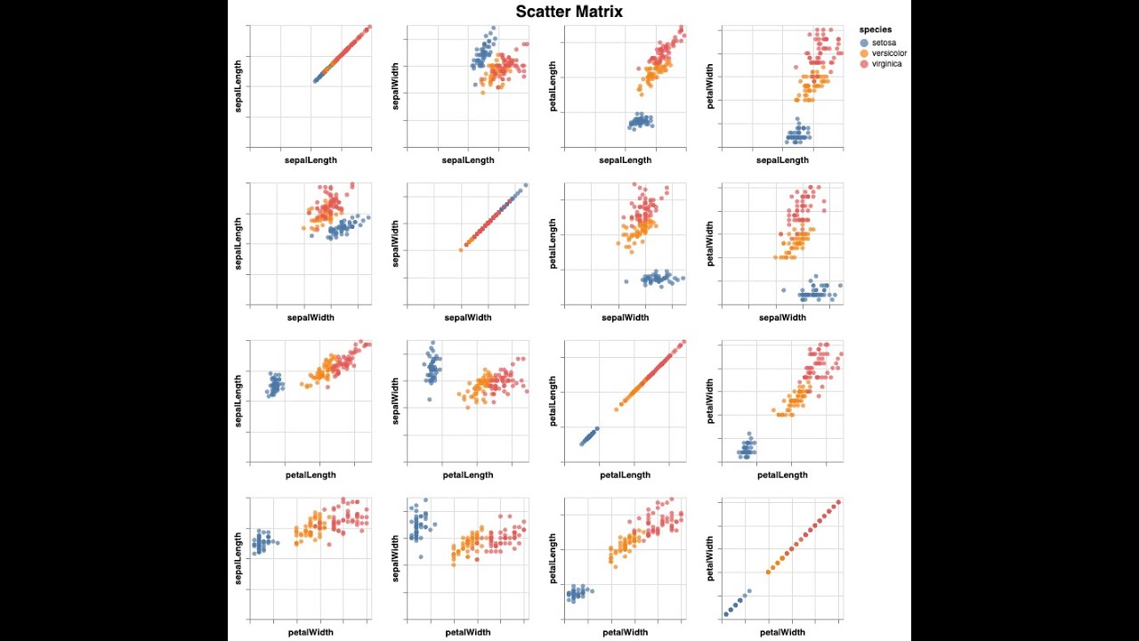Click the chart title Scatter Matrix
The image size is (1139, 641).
pyautogui.click(x=569, y=12)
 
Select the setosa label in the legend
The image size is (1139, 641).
pyautogui.click(x=884, y=42)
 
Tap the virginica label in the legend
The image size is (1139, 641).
pyautogui.click(x=886, y=64)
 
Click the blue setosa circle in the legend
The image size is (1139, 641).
pyautogui.click(x=864, y=43)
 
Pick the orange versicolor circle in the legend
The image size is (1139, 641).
pyautogui.click(x=864, y=53)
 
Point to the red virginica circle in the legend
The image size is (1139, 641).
pyautogui.click(x=864, y=64)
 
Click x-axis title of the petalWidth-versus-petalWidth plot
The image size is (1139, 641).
pyautogui.click(x=782, y=632)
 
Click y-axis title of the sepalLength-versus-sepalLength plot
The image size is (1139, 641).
pyautogui.click(x=238, y=87)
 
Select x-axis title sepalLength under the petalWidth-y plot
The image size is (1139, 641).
pyautogui.click(x=782, y=160)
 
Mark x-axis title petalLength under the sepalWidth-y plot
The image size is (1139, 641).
pyautogui.click(x=467, y=475)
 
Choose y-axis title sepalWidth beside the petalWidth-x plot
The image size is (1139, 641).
pyautogui.click(x=396, y=559)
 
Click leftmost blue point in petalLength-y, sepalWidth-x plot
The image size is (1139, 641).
pyautogui.click(x=626, y=281)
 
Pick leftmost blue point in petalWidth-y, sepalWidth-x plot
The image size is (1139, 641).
pyautogui.click(x=783, y=289)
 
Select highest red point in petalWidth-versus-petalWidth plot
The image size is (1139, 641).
pyautogui.click(x=838, y=502)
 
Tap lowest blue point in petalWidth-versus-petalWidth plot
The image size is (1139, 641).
pyautogui.click(x=727, y=613)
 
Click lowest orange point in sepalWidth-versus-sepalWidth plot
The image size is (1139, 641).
pyautogui.click(x=461, y=249)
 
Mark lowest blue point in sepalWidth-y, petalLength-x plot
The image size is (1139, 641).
pyautogui.click(x=429, y=399)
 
